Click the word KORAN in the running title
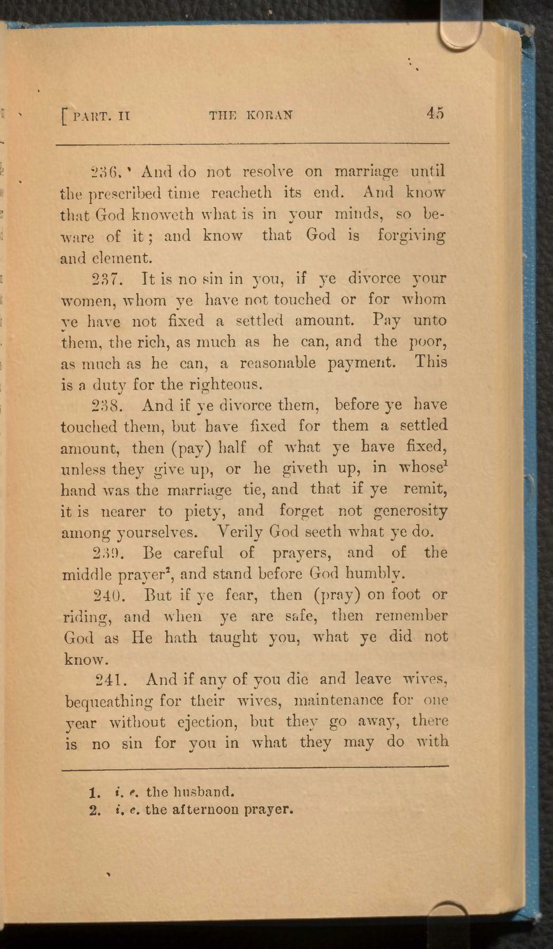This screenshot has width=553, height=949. pyautogui.click(x=269, y=115)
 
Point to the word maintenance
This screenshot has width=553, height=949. pyautogui.click(x=338, y=700)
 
